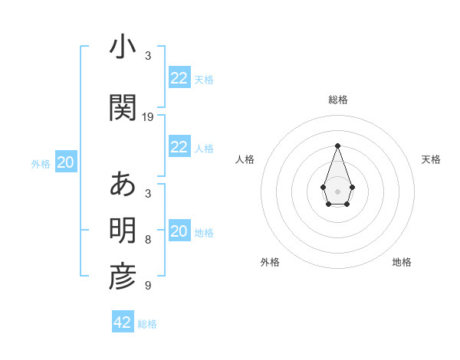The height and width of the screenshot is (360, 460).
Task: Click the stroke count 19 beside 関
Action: pyautogui.click(x=148, y=117)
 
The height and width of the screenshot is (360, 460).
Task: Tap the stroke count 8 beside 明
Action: pyautogui.click(x=148, y=240)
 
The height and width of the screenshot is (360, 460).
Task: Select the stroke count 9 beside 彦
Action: pyautogui.click(x=148, y=286)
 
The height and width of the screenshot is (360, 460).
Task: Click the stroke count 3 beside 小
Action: pyautogui.click(x=148, y=56)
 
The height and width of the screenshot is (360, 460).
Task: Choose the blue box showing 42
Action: pyautogui.click(x=123, y=322)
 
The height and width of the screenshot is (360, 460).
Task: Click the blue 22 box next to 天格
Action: pyautogui.click(x=179, y=78)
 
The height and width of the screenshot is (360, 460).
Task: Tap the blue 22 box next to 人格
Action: pyautogui.click(x=179, y=147)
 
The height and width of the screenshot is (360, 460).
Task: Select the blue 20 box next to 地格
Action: pyautogui.click(x=179, y=231)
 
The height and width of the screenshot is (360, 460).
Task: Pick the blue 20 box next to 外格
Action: pyautogui.click(x=66, y=162)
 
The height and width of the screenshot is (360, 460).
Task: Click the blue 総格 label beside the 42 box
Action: pyautogui.click(x=147, y=324)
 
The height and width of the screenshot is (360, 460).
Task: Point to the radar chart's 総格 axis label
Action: pyautogui.click(x=337, y=100)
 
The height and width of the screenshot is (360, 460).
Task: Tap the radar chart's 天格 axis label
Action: pyautogui.click(x=431, y=159)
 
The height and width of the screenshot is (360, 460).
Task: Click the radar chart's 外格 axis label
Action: pyautogui.click(x=270, y=262)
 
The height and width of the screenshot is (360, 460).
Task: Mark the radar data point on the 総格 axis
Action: pyautogui.click(x=337, y=145)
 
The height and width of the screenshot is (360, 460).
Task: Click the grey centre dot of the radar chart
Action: pyautogui.click(x=337, y=191)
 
